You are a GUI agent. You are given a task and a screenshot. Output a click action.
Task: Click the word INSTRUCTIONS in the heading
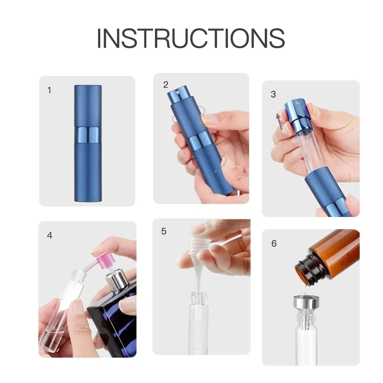191,38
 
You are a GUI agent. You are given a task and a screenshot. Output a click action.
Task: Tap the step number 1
49,90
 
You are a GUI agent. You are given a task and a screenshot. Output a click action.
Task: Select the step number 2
166,85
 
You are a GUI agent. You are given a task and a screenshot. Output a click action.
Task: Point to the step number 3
273,94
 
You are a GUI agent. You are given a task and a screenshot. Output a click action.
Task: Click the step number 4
50,235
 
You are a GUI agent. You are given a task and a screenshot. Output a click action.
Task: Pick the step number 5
164,231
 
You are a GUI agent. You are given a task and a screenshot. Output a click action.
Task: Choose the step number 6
274,243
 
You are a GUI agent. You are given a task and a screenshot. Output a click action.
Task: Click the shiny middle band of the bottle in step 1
88,135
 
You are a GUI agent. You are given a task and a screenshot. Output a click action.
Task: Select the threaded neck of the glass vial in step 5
199,298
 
